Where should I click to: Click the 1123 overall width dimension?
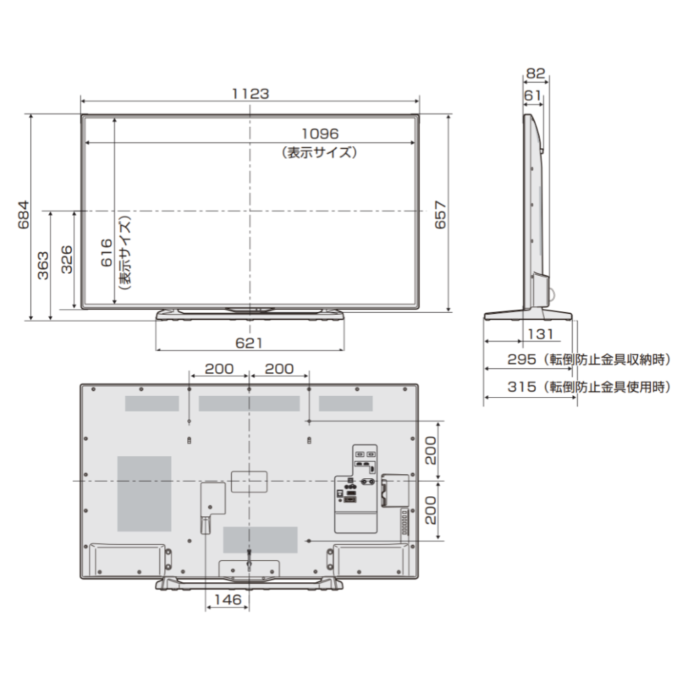250,93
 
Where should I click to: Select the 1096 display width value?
319,134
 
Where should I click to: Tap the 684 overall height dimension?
24,215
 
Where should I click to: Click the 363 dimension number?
43,265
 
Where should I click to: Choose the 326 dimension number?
67,259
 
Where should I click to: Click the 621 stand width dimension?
250,343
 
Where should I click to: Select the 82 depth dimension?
535,71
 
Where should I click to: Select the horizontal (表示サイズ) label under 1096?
319,152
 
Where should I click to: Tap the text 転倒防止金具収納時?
608,360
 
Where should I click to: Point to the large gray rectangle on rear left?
144,494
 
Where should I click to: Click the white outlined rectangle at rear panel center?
248,481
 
